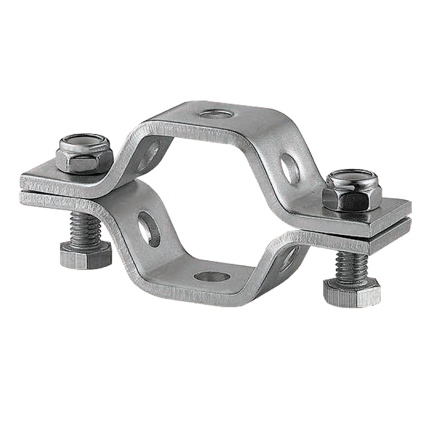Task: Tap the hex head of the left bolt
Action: coord(86,254)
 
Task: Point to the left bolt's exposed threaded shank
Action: coord(85,227)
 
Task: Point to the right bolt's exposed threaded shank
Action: coord(352,265)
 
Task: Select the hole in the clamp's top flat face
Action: coord(214,114)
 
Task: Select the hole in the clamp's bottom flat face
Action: coord(212,277)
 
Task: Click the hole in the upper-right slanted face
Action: coord(290,168)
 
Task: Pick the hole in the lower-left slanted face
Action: coord(148,228)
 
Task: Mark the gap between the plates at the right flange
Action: coord(378,224)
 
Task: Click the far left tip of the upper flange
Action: coord(23,178)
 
